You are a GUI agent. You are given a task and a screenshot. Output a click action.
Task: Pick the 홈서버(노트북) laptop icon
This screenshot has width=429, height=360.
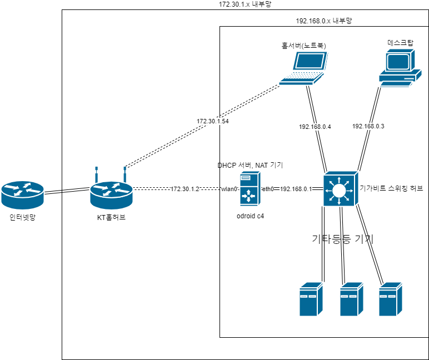[x=303, y=68]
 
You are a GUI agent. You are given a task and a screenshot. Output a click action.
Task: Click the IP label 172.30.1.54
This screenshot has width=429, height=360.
[x=212, y=121]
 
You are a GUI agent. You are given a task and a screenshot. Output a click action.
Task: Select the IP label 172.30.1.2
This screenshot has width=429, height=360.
[x=184, y=189]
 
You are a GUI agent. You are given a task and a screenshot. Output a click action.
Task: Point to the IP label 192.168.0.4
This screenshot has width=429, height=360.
[x=315, y=127]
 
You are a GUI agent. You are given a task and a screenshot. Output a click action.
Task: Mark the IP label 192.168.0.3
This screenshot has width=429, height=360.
[x=368, y=126]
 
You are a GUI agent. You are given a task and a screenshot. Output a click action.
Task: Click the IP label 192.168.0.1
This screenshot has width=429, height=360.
[x=296, y=189]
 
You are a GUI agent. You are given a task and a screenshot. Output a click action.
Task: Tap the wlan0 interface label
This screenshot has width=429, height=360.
[x=230, y=189]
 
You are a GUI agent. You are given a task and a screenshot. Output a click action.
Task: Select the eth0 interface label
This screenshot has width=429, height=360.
[x=268, y=189]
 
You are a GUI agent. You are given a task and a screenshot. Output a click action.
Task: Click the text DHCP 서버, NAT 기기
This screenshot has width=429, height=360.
[x=250, y=166]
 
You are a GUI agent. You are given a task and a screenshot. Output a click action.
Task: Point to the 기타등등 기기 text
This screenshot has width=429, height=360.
[x=342, y=240]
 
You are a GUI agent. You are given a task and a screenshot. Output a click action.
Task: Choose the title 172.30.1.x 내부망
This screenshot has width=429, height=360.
[x=245, y=4]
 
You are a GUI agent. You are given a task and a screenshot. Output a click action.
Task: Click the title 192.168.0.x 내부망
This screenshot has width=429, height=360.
[x=324, y=21]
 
